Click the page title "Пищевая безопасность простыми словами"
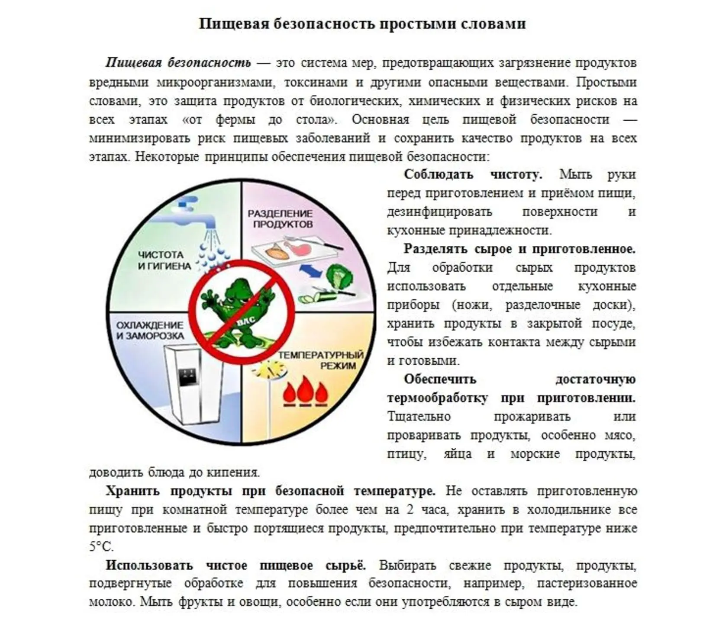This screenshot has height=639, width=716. pos(362,23)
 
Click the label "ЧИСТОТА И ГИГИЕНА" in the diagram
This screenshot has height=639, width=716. pos(164,260)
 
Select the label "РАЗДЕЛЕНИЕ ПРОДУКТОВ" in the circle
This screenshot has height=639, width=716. pos(280,218)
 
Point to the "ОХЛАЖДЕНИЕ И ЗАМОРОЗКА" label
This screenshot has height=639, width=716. pos(150,330)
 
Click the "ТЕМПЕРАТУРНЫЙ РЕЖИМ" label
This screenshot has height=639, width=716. pos(321,360)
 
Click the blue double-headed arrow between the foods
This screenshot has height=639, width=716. pos(311,271)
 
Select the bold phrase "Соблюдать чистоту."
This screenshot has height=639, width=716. pos(472,175)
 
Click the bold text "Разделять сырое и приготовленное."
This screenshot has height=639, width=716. pos(519,249)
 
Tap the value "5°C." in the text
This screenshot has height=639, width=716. pos(101,546)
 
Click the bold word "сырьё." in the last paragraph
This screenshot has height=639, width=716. pos(345,565)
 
